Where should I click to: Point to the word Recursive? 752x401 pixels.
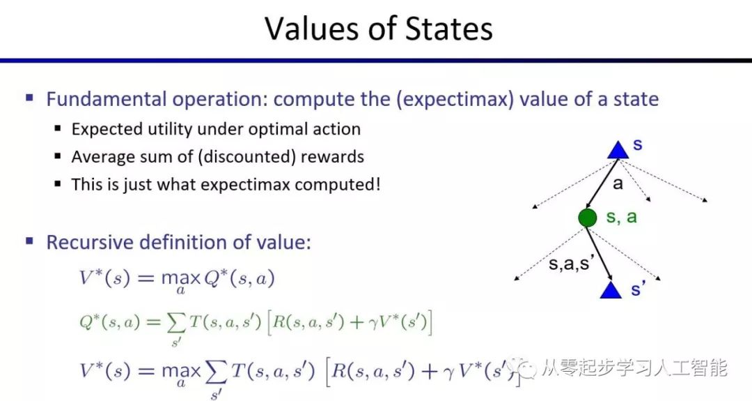tap(87, 243)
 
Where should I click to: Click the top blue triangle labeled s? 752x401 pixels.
tap(618, 149)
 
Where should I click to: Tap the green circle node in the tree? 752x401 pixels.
tap(588, 218)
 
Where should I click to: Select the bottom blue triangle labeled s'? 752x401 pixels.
tap(611, 290)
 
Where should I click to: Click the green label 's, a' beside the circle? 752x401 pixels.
tap(622, 217)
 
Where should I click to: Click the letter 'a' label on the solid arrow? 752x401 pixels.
tap(618, 184)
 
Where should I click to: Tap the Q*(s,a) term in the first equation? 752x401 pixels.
tap(243, 278)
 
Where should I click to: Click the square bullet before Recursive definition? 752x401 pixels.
tap(29, 241)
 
